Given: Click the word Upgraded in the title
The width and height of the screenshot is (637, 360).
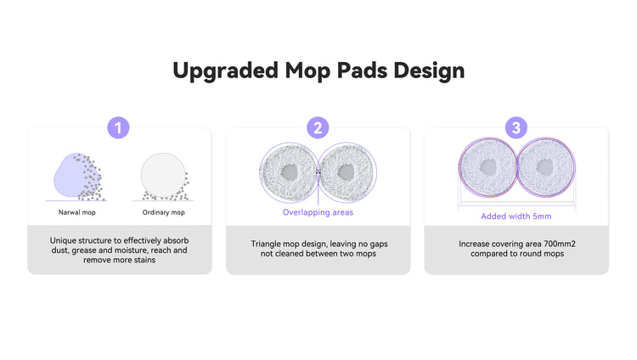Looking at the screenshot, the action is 226,71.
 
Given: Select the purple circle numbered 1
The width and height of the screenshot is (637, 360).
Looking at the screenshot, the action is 118,128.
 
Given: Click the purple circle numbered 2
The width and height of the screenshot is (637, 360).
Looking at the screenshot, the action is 318,128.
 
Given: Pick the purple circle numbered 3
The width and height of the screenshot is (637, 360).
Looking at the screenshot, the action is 516,128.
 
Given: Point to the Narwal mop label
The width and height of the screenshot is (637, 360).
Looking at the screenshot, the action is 77,212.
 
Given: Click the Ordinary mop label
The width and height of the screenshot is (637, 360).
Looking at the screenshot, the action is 163,212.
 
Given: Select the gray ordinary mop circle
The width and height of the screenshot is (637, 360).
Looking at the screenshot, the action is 163,175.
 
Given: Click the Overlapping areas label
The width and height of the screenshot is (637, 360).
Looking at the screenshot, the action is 318,212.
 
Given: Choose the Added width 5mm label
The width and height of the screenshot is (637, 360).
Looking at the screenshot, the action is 516,217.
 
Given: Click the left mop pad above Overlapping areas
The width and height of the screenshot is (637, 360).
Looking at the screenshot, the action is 289,172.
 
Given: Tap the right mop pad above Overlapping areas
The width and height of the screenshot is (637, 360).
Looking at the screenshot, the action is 347,172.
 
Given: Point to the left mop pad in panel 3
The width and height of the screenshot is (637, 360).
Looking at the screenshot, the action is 488,167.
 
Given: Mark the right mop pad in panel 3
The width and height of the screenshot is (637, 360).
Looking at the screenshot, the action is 545,167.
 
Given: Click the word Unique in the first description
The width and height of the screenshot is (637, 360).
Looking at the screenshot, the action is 63,240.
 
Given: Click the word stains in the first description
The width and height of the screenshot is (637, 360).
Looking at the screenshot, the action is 145,260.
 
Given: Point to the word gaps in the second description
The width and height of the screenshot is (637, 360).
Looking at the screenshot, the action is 379,245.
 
